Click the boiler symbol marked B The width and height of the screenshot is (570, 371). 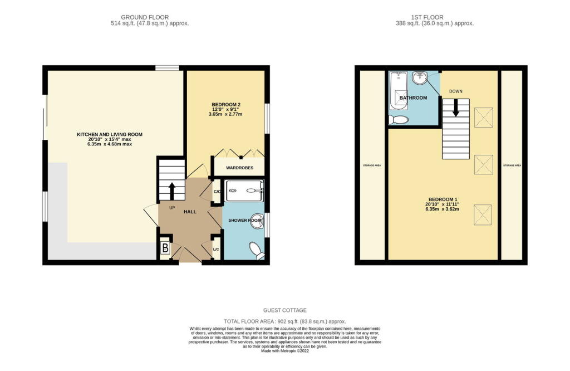tap(165, 248)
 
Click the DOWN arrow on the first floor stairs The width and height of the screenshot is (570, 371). tap(456, 107)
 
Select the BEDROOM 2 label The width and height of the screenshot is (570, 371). tap(226, 105)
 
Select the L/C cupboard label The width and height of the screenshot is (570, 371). tap(215, 248)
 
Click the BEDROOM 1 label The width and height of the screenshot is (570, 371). tap(443, 199)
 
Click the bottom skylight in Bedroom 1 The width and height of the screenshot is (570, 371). tap(483, 215)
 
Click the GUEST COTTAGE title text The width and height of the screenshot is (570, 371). tap(285, 310)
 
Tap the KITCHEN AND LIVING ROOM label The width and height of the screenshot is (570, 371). tap(110, 134)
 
